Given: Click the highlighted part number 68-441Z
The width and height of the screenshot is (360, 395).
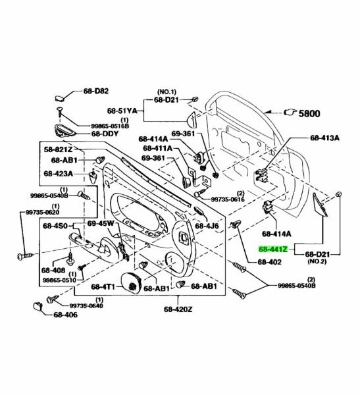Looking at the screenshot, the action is click(273, 249).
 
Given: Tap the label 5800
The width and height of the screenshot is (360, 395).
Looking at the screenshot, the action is click(309, 114).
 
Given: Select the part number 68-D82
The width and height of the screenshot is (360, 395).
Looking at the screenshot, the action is click(96, 91).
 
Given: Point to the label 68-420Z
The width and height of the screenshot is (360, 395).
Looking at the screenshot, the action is click(178, 309).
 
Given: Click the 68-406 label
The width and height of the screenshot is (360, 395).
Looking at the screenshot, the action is click(66, 315).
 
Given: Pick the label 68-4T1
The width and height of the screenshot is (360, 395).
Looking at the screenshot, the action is click(103, 286).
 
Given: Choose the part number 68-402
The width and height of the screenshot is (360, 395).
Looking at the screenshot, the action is click(269, 262).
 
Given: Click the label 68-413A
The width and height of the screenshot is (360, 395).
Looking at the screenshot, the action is click(324, 138).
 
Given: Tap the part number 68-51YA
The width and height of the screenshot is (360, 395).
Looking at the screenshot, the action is click(122, 111).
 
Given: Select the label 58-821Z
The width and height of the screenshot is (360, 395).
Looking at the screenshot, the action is click(58, 149).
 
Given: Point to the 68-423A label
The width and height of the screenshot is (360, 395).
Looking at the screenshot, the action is click(58, 174).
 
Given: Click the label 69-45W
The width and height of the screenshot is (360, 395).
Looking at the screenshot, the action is click(101, 223).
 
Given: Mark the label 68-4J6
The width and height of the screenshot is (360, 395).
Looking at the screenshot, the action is click(207, 226).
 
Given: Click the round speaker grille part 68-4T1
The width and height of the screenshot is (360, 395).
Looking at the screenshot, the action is click(131, 283).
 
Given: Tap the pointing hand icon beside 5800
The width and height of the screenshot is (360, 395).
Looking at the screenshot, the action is click(290, 112).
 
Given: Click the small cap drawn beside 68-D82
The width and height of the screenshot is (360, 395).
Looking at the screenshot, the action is click(61, 97).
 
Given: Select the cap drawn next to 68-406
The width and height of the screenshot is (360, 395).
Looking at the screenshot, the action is click(38, 306).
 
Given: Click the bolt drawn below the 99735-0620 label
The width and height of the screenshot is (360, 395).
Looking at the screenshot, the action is click(25, 256).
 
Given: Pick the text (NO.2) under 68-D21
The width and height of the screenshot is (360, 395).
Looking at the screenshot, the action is click(317, 261).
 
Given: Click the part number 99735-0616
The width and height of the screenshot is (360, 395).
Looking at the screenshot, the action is click(228, 199).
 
